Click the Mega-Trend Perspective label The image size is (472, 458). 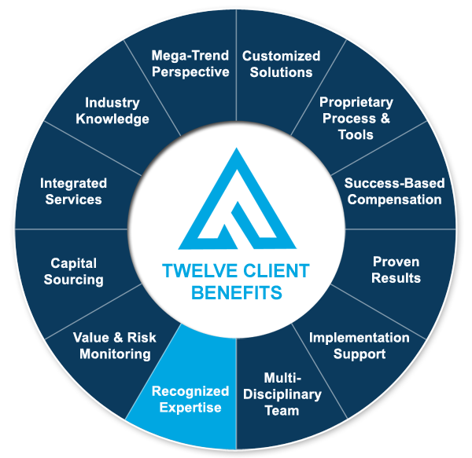(x=190, y=64)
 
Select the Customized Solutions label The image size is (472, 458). (x=281, y=64)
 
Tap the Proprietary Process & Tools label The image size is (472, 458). (x=356, y=119)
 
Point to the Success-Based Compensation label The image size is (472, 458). (x=394, y=192)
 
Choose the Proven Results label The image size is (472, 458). (x=396, y=270)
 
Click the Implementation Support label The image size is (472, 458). (x=360, y=346)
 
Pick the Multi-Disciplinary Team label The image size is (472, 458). (x=282, y=394)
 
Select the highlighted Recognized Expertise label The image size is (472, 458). (x=190, y=399)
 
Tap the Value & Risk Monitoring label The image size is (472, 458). (x=115, y=346)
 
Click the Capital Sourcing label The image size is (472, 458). (x=74, y=271)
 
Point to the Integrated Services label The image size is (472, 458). (x=73, y=192)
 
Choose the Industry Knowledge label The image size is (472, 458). (x=112, y=111)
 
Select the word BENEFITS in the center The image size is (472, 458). (x=237, y=292)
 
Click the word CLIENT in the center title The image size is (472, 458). (x=276, y=270)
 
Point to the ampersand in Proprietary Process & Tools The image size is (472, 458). (x=385, y=118)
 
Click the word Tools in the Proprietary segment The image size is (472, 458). (x=356, y=134)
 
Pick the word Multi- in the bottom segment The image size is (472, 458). (x=282, y=378)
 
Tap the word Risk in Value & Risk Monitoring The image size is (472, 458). (x=142, y=338)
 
